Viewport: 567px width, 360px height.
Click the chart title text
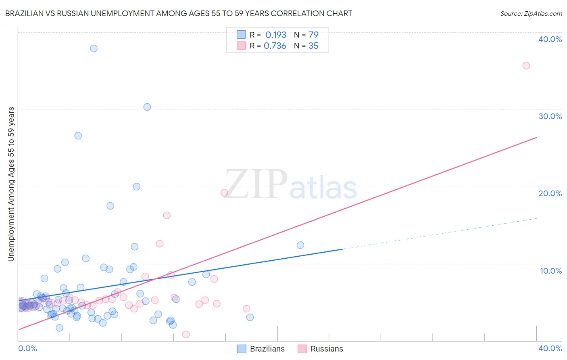(179, 13)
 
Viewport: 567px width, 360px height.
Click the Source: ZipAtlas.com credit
(531, 13)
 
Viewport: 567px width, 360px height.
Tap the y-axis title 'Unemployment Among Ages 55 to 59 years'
(11, 184)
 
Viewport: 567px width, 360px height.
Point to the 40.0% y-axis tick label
(550, 39)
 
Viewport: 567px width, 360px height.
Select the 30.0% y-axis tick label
(550, 116)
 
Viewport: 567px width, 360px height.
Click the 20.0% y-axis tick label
(550, 193)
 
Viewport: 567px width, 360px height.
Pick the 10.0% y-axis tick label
(550, 271)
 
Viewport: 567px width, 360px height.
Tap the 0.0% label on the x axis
(27, 348)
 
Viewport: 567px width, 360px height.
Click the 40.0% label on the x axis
(550, 348)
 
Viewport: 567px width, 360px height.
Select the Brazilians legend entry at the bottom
(261, 349)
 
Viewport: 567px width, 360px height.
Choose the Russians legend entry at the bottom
(321, 349)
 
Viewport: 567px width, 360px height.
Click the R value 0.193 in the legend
(275, 35)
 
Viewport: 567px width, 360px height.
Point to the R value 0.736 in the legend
(275, 46)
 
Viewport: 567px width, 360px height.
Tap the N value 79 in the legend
(313, 35)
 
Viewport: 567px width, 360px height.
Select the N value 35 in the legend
(313, 46)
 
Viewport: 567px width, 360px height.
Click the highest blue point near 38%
(94, 48)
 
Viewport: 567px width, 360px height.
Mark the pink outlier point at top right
(526, 65)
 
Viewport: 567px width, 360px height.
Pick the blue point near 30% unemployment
(147, 107)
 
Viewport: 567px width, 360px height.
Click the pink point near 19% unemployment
(224, 193)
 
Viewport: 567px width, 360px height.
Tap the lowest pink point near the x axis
(186, 334)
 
